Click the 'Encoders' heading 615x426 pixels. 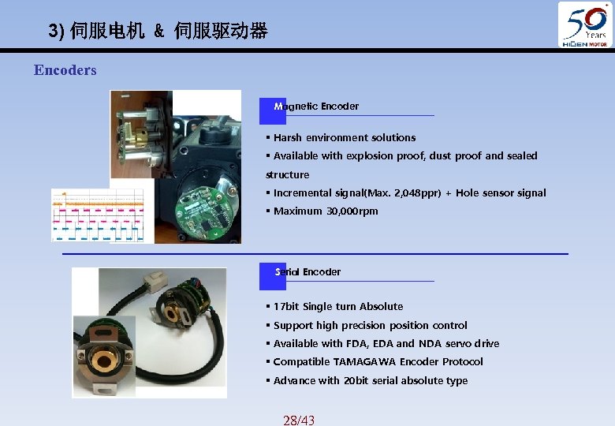coord(65,70)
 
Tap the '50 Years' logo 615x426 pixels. coord(585,24)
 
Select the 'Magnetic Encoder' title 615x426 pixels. coord(316,106)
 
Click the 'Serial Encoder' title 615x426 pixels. coord(308,272)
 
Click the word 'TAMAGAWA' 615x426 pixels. coord(364,362)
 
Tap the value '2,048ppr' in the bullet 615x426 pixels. coord(425,193)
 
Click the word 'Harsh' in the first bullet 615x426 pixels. coord(288,138)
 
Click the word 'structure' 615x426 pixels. coord(288,175)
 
